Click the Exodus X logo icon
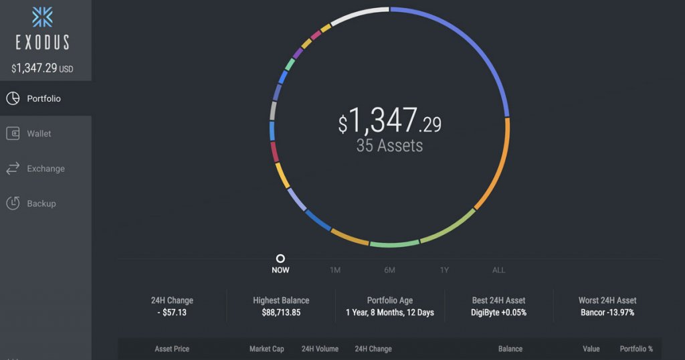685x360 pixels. pos(42,16)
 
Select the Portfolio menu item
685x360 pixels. pos(43,99)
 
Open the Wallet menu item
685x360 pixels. pos(39,134)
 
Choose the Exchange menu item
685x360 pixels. pos(45,169)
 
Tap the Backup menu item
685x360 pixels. pos(41,203)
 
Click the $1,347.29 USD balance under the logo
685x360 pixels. pos(42,68)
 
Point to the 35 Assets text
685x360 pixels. pos(389,145)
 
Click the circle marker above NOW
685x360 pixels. pos(280,258)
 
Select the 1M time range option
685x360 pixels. pos(335,270)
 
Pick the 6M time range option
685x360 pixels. pos(389,270)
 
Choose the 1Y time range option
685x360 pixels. pos(444,270)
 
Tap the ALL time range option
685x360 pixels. pos(499,270)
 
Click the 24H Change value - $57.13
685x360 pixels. pos(172,312)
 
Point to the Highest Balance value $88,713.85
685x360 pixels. pos(281,312)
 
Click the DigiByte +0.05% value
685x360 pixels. pos(498,312)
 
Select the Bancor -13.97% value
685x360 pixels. pos(607,312)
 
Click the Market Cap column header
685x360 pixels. pos(266,349)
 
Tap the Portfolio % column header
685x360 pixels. pos(636,349)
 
